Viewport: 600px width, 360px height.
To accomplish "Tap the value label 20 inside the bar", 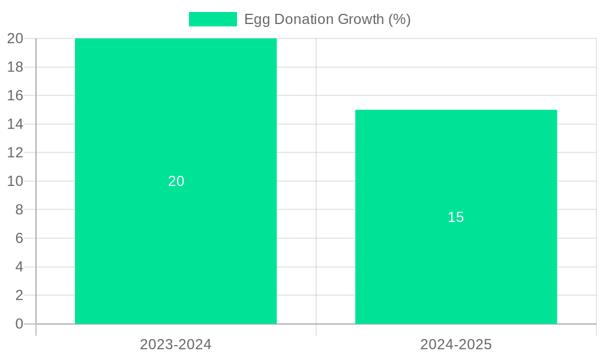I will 176,181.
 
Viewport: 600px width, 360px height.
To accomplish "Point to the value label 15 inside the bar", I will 456,217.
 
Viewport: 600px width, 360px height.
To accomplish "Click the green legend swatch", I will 212,19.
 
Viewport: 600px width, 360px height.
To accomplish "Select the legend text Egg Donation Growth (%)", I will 327,19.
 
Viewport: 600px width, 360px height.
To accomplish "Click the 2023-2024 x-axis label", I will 176,344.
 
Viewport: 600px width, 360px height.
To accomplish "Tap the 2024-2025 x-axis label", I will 456,344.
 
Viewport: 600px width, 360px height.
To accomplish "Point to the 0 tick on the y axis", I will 19,324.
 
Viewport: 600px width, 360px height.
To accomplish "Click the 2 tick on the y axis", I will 19,295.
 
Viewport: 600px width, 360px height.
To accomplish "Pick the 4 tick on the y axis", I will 19,267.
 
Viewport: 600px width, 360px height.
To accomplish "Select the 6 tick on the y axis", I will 19,238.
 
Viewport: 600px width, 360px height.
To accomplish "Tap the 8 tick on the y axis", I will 19,209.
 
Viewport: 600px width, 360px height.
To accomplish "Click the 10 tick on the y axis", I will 16,181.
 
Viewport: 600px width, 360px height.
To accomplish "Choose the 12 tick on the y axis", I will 16,152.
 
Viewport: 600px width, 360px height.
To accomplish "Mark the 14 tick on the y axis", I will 16,124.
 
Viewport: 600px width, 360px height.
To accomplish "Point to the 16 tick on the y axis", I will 16,95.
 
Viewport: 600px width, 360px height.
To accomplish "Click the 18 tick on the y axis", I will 16,67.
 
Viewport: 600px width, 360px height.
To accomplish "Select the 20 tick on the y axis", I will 16,38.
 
